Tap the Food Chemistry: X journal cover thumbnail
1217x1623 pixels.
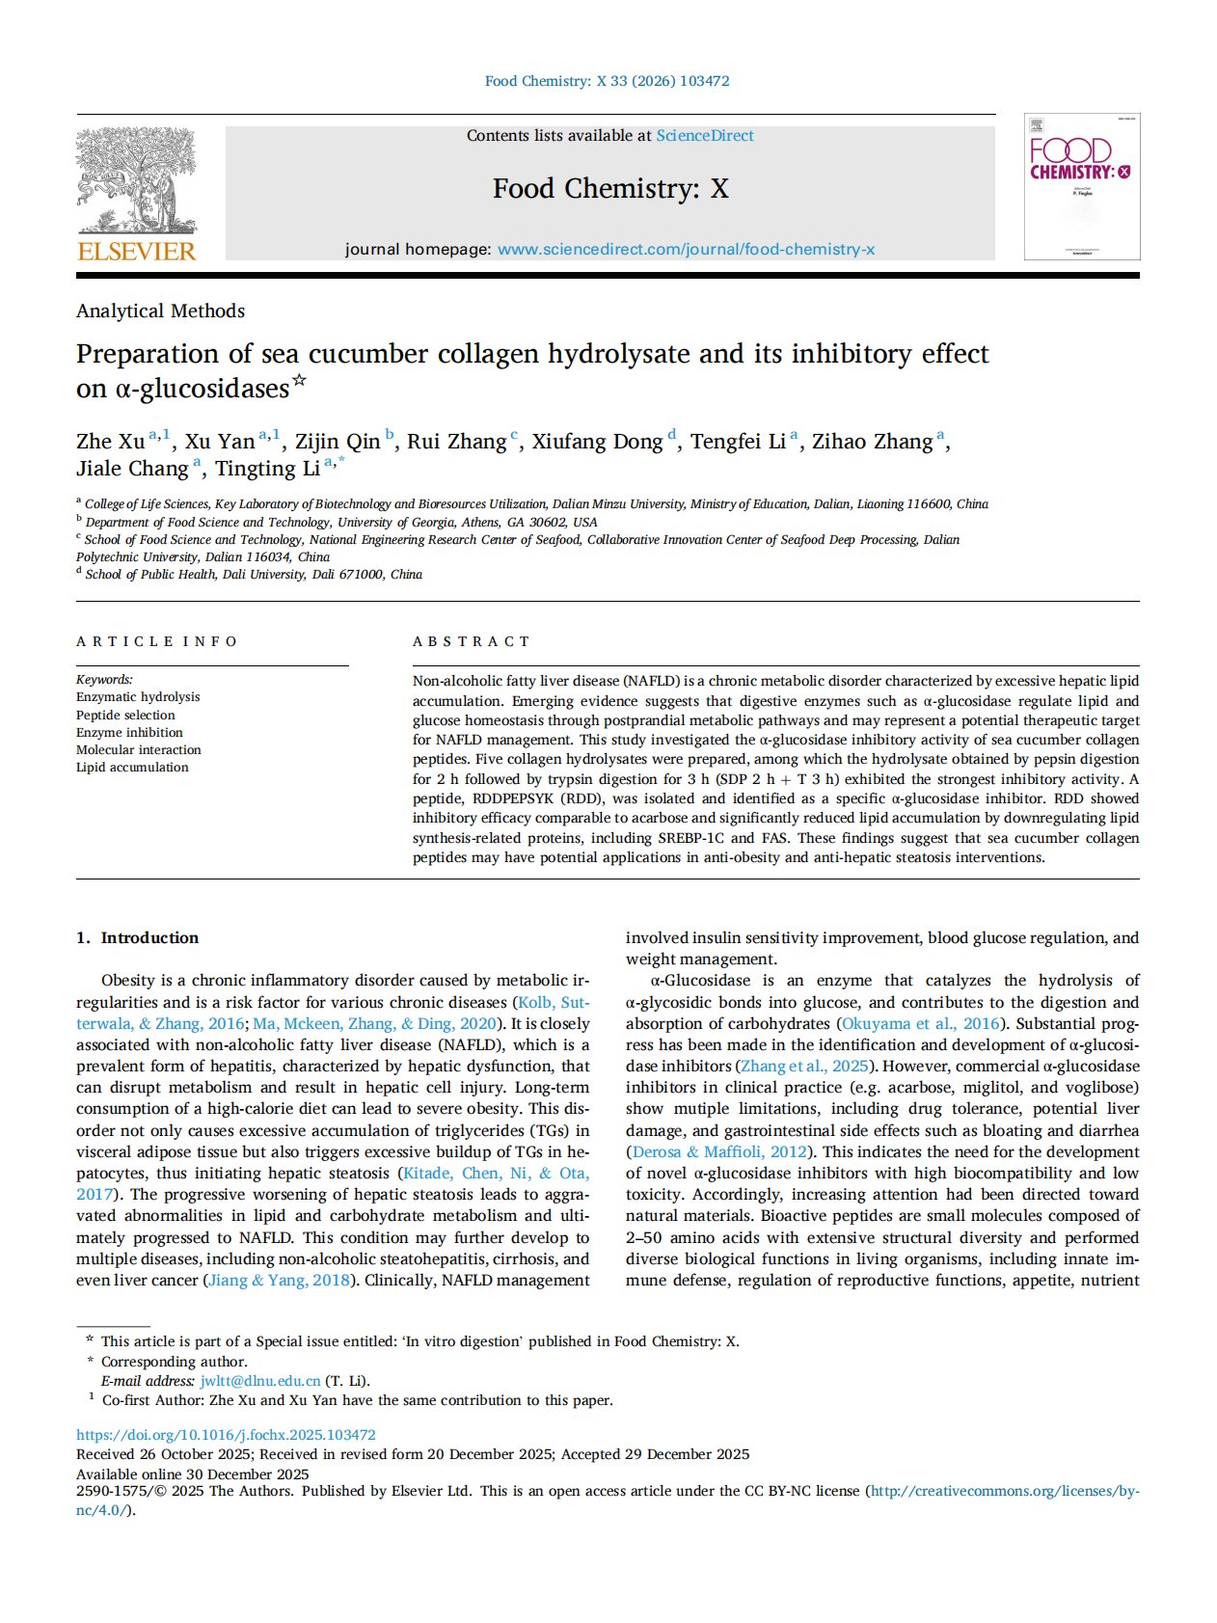[x=1081, y=186]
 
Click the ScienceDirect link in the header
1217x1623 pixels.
[x=704, y=136]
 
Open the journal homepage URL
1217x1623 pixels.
[x=686, y=250]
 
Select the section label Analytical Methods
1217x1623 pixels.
[x=160, y=311]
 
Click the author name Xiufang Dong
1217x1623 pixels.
[x=597, y=442]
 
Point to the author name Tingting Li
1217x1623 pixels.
[x=267, y=469]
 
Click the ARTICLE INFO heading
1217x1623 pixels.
[x=156, y=641]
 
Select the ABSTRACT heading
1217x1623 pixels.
[x=471, y=641]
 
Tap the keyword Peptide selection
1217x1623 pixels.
[x=125, y=715]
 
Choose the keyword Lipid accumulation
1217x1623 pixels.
[x=132, y=767]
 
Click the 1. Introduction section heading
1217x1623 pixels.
[x=137, y=937]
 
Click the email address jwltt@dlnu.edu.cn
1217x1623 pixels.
[x=259, y=1381]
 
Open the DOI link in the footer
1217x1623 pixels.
[x=226, y=1435]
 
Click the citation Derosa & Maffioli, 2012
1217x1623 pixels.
[x=719, y=1151]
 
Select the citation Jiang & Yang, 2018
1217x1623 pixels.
[x=279, y=1280]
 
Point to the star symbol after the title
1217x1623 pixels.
[x=300, y=380]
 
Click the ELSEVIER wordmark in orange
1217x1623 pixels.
[x=136, y=252]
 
